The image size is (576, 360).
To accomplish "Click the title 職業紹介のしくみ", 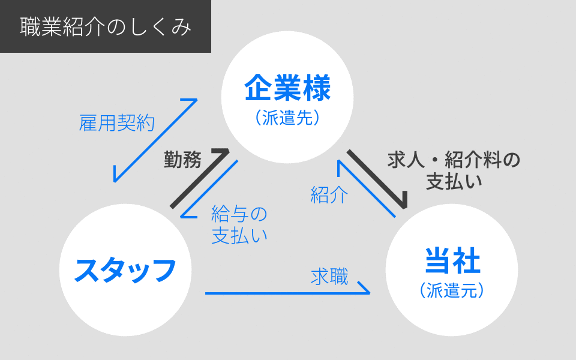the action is pyautogui.click(x=106, y=27).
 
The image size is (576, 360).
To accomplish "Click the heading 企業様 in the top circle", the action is pyautogui.click(x=287, y=88).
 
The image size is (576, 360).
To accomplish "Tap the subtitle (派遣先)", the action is pyautogui.click(x=287, y=118).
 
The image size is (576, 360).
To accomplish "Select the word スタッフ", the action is pyautogui.click(x=125, y=270).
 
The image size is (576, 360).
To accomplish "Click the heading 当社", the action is pyautogui.click(x=452, y=260).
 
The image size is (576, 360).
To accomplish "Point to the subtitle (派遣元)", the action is pyautogui.click(x=452, y=290).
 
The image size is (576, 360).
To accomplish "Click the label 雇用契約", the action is pyautogui.click(x=117, y=122).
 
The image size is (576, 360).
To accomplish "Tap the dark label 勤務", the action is pyautogui.click(x=182, y=160).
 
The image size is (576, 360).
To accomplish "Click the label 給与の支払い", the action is pyautogui.click(x=239, y=225).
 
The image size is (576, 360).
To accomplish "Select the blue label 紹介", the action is pyautogui.click(x=329, y=194).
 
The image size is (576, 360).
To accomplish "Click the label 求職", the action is pyautogui.click(x=329, y=277).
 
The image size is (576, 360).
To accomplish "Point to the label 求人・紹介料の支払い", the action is pyautogui.click(x=454, y=170).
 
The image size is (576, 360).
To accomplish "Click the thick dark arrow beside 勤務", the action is pyautogui.click(x=200, y=178).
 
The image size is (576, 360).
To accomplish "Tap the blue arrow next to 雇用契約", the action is pyautogui.click(x=155, y=140).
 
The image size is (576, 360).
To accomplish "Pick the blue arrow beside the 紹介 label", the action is pyautogui.click(x=367, y=188).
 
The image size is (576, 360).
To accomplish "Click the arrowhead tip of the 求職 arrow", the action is pyautogui.click(x=370, y=293).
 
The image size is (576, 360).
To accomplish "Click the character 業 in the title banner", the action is pyautogui.click(x=52, y=27).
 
